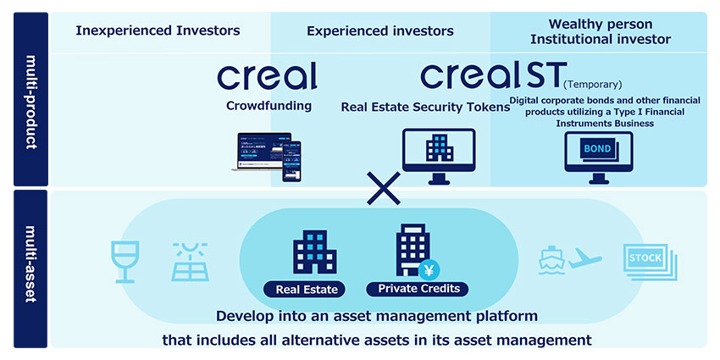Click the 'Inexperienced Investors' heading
click(x=158, y=30)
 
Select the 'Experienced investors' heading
click(x=380, y=31)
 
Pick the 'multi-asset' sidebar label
click(x=30, y=268)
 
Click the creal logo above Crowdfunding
click(x=267, y=76)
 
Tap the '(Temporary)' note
click(x=593, y=84)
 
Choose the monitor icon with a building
click(x=439, y=155)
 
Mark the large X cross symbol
click(x=384, y=188)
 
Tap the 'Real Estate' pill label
click(x=307, y=290)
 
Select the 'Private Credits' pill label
click(x=418, y=289)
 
